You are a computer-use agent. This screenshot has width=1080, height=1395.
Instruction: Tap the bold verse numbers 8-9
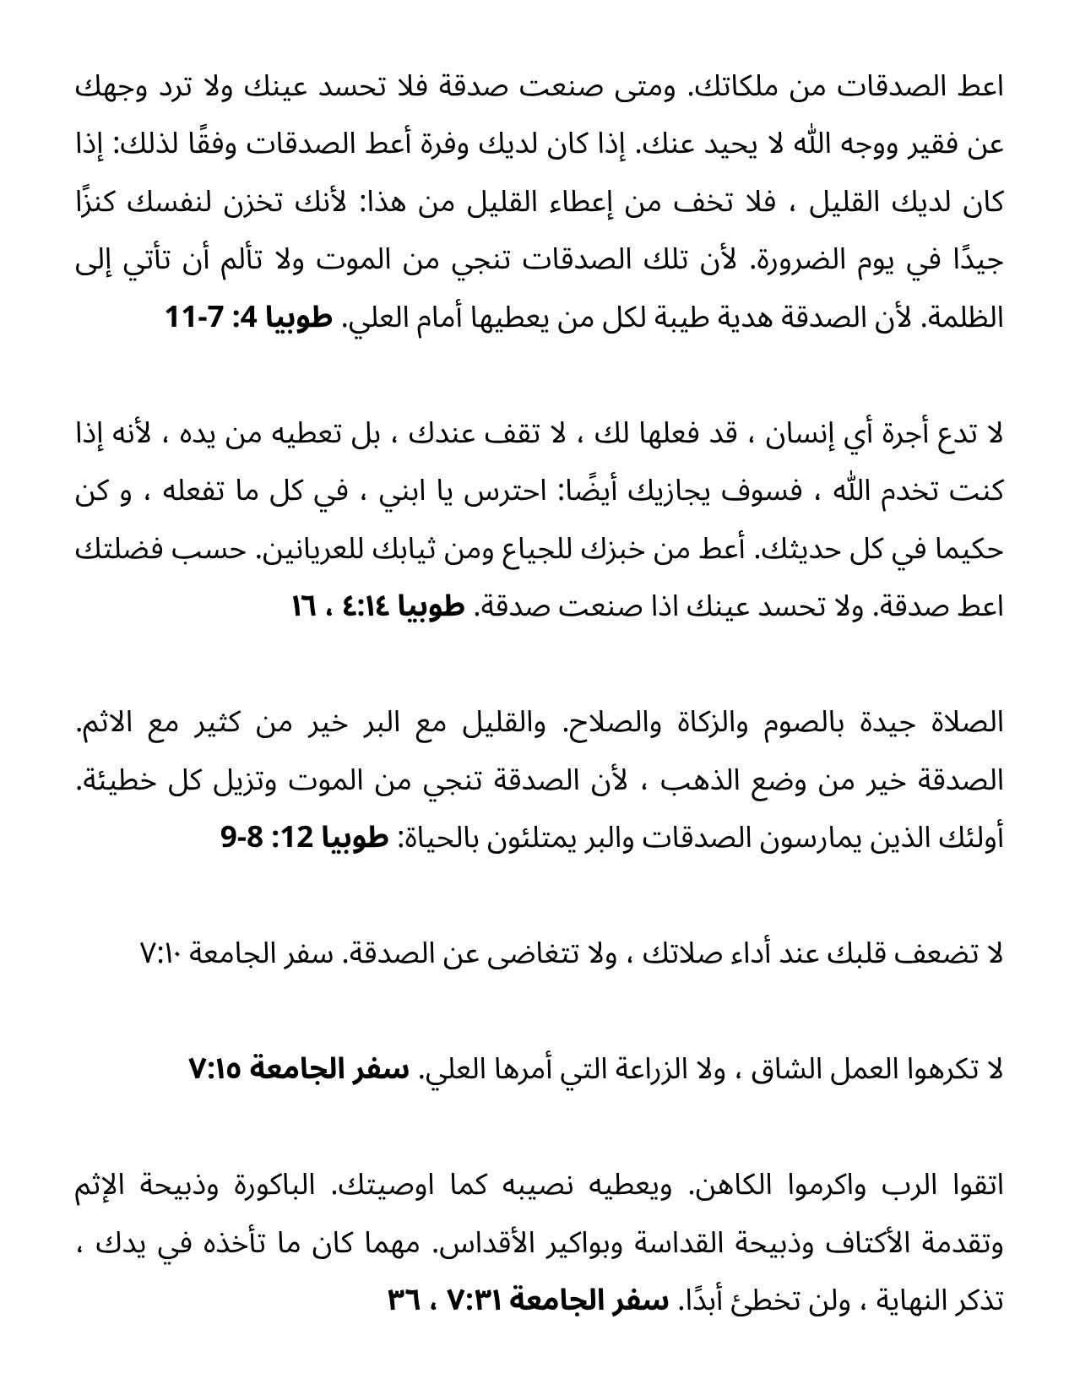pyautogui.click(x=245, y=839)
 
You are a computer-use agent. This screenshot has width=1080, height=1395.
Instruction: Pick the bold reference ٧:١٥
pyautogui.click(x=215, y=1070)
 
